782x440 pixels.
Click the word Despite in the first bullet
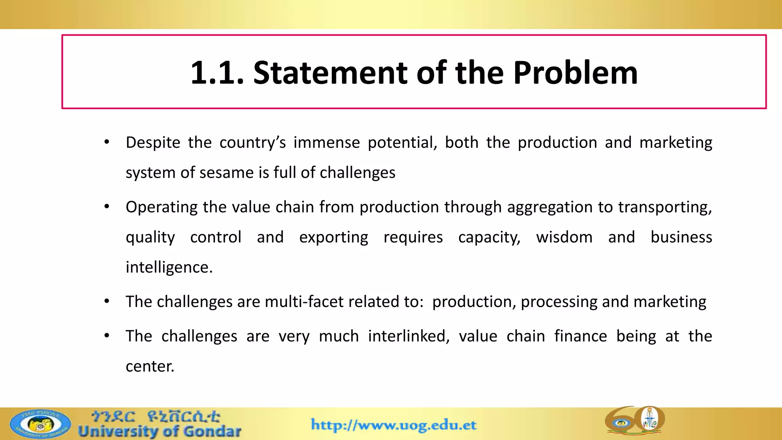click(x=153, y=142)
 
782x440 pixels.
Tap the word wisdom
click(x=564, y=237)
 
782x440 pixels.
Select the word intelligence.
click(x=169, y=267)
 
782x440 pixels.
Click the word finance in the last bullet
click(x=580, y=336)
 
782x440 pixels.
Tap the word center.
click(x=150, y=366)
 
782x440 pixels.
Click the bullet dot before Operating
click(x=107, y=207)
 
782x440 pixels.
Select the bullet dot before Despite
click(x=107, y=142)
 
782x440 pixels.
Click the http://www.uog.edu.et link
click(x=394, y=425)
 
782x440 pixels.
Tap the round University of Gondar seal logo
click(x=40, y=424)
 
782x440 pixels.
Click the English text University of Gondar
click(x=160, y=432)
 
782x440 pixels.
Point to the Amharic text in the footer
click(x=156, y=416)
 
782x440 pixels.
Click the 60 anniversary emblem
click(x=635, y=420)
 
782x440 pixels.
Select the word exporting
click(x=333, y=237)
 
